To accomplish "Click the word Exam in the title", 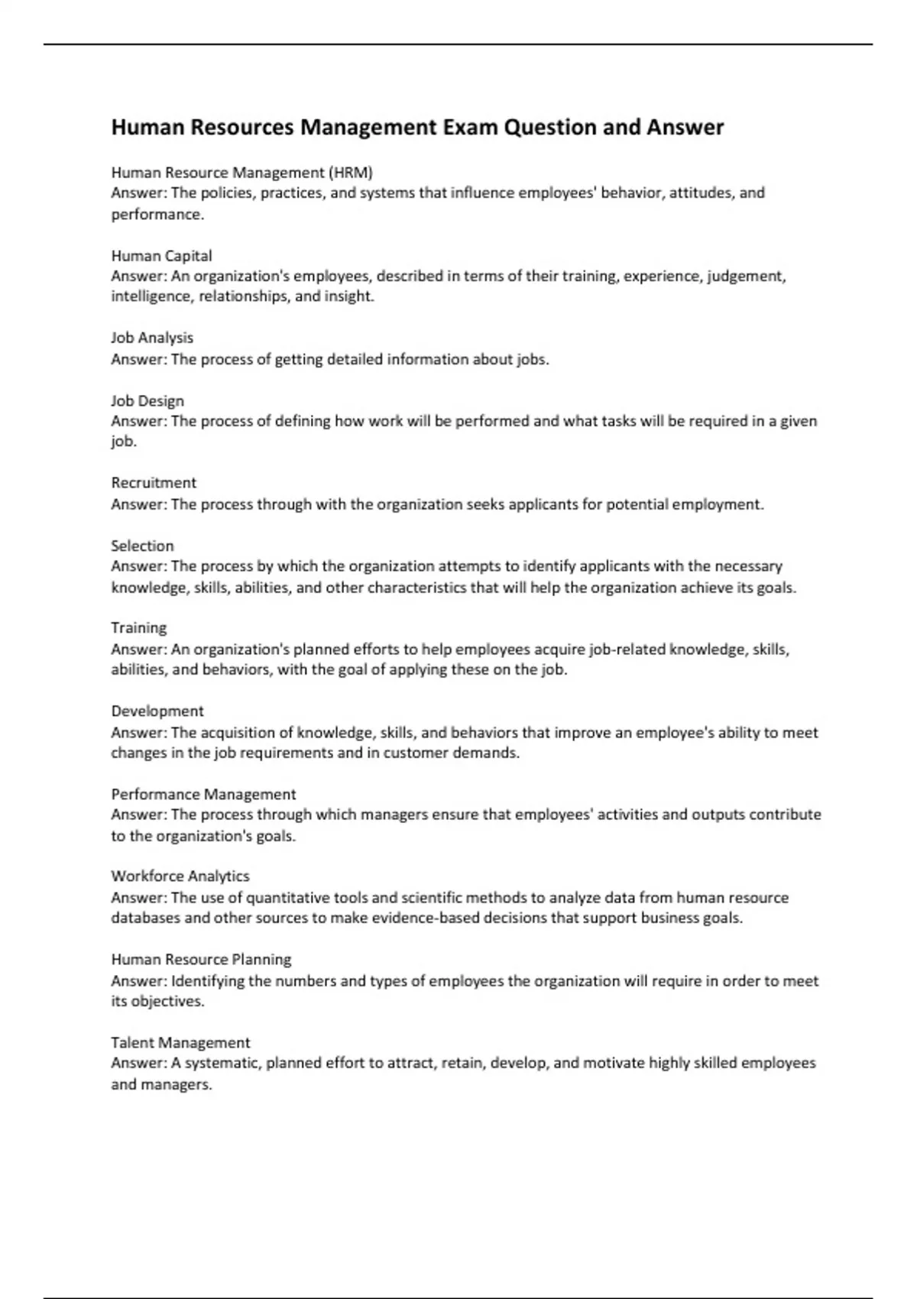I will [470, 127].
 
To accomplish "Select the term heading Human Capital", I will [161, 255].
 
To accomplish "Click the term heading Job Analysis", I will [152, 338].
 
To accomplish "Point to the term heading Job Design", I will [147, 400].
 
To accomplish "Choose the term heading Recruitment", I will [154, 483].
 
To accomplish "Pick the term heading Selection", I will [142, 546].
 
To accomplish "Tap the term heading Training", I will [138, 628].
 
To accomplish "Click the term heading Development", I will [157, 711].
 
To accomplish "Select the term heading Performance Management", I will [203, 794].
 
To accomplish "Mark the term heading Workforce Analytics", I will [180, 876].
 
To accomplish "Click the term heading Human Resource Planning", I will [201, 959].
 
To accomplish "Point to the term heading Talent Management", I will [180, 1042].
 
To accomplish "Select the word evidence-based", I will [426, 918].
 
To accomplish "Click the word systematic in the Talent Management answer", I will [222, 1063].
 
